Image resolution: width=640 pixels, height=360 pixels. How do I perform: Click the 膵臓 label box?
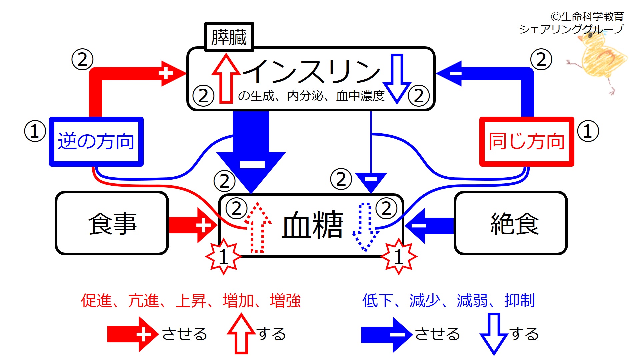[x=229, y=37]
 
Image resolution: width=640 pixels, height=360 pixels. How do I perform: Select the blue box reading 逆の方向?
[x=96, y=141]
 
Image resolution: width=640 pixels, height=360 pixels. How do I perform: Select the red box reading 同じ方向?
[x=527, y=141]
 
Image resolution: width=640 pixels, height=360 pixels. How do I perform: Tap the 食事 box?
[x=112, y=223]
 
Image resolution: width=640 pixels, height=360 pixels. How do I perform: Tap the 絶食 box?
[x=511, y=223]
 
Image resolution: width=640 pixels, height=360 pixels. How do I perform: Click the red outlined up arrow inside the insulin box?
[x=226, y=78]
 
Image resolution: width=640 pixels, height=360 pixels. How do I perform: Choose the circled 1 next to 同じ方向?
[x=588, y=131]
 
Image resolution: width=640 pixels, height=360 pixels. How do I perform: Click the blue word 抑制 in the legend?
[x=519, y=300]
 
